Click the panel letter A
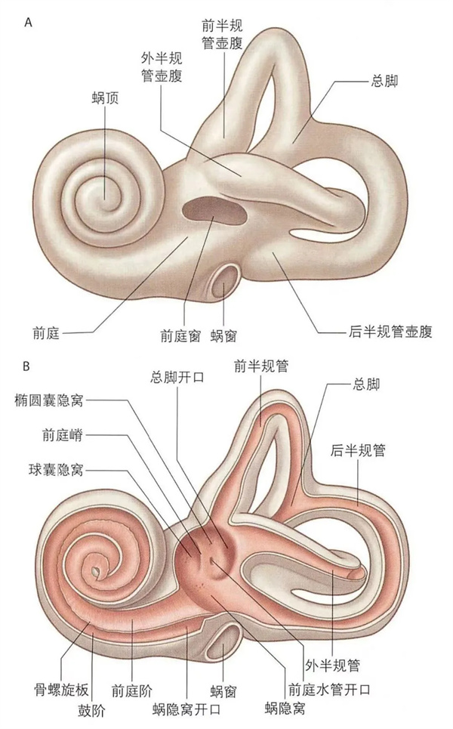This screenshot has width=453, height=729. tap(28, 22)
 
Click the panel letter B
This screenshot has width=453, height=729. tap(28, 367)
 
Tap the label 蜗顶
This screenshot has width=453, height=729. tap(104, 101)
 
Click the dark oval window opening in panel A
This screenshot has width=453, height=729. tap(211, 207)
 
